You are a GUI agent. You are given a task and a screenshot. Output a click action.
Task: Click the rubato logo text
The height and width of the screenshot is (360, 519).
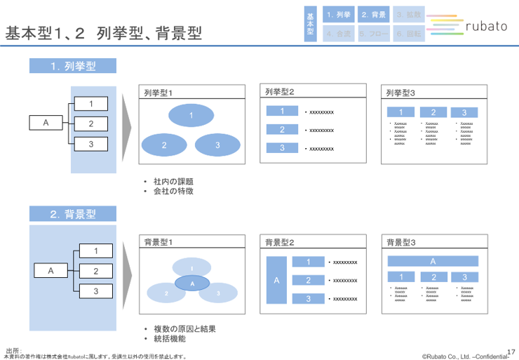tap(486, 27)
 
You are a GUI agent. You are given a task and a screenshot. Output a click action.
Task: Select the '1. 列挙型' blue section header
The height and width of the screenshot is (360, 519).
tap(73, 66)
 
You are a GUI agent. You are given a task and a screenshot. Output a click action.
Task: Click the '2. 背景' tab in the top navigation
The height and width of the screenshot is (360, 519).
tap(373, 15)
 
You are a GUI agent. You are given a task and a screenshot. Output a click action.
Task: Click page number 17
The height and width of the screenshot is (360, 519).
tap(510, 351)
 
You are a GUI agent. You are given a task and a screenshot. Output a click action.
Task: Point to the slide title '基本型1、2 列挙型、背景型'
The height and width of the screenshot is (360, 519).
tap(104, 33)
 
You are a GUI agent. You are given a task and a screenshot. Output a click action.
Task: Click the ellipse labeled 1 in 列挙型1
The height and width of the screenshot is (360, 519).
tap(191, 114)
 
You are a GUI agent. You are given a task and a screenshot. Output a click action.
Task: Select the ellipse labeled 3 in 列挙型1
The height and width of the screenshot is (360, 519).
tap(217, 145)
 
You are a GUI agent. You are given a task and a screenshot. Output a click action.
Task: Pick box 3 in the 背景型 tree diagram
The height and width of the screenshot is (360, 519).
tap(97, 291)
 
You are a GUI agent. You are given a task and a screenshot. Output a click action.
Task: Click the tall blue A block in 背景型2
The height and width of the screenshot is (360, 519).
tap(276, 280)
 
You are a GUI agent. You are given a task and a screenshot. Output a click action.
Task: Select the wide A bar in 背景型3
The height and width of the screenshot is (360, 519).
tap(433, 261)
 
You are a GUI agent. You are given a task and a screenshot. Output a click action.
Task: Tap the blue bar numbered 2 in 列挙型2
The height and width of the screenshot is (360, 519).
tap(283, 129)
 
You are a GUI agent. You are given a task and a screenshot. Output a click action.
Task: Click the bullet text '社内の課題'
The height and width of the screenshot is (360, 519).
tap(173, 181)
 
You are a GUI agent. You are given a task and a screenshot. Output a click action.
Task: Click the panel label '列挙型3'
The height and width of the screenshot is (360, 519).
tap(400, 93)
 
